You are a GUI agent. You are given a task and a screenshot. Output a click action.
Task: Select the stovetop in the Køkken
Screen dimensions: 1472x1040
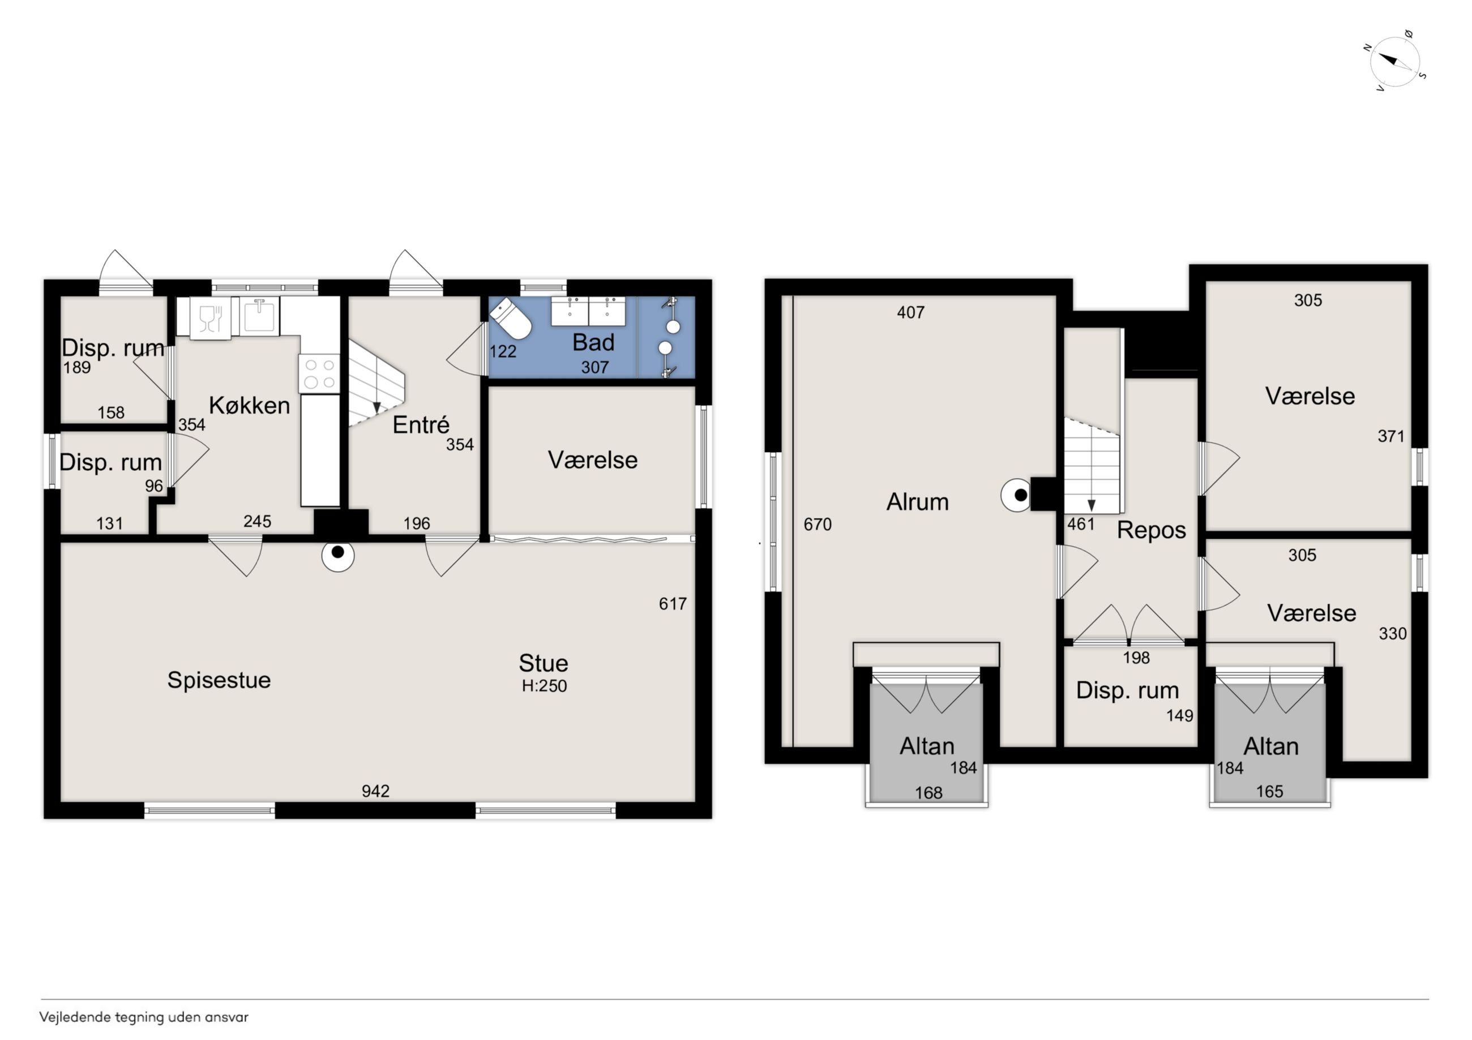(x=319, y=373)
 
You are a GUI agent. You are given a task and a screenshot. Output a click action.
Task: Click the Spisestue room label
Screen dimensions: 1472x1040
(x=219, y=680)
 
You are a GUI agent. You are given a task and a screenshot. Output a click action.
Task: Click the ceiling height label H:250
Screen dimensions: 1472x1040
(x=544, y=686)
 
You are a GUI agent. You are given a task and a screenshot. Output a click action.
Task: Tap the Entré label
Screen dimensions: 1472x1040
(x=421, y=424)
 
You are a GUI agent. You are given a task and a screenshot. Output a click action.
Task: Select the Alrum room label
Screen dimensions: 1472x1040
(x=917, y=502)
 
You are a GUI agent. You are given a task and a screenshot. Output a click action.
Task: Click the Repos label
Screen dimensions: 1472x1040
(x=1151, y=531)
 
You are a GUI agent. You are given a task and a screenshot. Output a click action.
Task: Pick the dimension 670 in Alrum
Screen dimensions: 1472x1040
(x=818, y=525)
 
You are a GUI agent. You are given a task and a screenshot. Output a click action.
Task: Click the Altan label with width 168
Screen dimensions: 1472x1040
(x=926, y=746)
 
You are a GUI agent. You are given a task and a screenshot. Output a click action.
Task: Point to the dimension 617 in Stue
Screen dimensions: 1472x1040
(x=673, y=604)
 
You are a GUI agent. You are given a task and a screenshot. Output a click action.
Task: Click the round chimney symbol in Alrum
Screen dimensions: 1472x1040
(x=1017, y=495)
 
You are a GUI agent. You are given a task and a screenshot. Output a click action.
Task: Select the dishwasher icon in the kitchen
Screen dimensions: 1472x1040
(x=209, y=319)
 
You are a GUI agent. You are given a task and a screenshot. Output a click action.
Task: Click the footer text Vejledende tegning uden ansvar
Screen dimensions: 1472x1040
(x=144, y=1017)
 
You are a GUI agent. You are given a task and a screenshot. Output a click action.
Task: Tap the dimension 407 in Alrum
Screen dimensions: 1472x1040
(x=910, y=313)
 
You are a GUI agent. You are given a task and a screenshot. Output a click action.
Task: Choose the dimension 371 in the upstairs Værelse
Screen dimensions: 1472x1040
(x=1390, y=436)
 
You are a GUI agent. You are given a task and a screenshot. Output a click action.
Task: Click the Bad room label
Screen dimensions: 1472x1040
(x=593, y=343)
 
